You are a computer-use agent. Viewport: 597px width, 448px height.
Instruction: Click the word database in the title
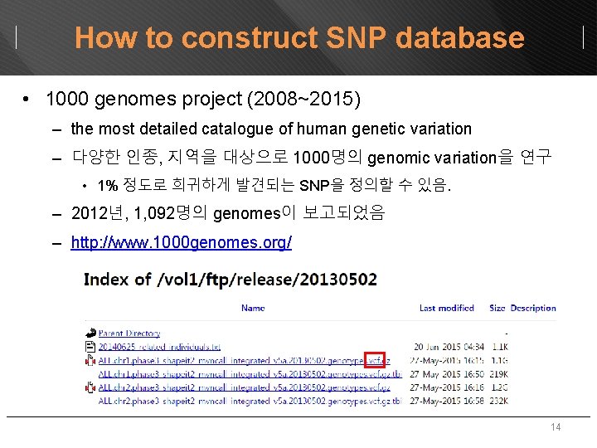coord(460,38)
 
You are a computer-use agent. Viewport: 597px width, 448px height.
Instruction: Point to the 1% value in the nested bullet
coord(107,185)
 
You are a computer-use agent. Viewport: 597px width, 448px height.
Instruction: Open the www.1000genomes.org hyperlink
coord(181,243)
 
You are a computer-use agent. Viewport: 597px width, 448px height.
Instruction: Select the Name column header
coord(253,308)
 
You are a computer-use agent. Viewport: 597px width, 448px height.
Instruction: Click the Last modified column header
coord(447,308)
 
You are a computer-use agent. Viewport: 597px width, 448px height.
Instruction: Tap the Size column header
coord(497,308)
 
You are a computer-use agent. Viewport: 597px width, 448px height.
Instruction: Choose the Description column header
coord(533,308)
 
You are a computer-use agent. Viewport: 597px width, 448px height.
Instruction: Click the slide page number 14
coord(556,428)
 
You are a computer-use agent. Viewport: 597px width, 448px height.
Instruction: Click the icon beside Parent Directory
coord(90,334)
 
